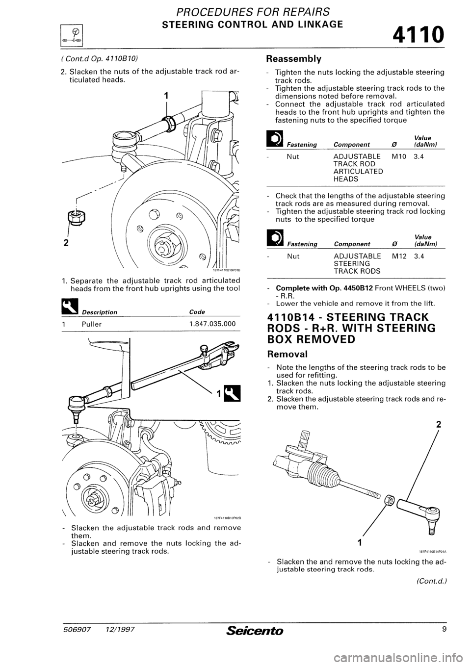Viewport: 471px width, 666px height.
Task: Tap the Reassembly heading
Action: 293,59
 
